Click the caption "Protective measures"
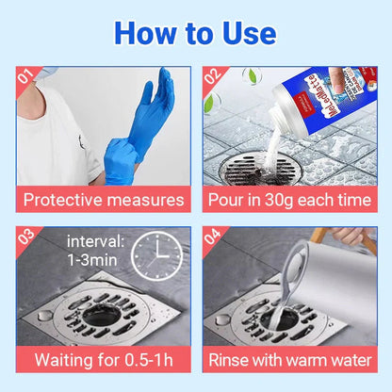[x=104, y=200]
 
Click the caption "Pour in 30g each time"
[x=289, y=200]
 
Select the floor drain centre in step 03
[x=99, y=316]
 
